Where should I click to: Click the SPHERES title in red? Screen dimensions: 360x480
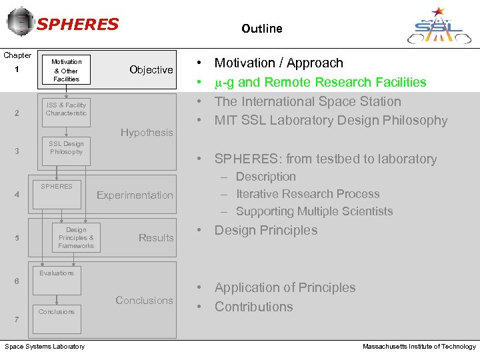click(x=77, y=25)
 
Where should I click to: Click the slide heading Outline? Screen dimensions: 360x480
click(x=261, y=29)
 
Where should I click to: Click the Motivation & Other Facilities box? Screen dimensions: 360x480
click(x=66, y=70)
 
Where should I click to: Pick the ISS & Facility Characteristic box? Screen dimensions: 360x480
click(x=66, y=109)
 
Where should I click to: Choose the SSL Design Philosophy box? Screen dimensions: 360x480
click(x=66, y=148)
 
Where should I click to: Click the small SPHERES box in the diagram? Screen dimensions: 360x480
click(x=57, y=187)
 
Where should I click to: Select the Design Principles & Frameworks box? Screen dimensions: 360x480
click(x=76, y=238)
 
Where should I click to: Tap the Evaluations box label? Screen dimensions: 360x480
click(x=57, y=273)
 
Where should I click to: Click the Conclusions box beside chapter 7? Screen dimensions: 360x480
click(x=57, y=312)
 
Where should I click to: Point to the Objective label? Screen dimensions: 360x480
click(x=151, y=70)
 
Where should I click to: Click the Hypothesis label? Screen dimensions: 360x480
click(x=147, y=133)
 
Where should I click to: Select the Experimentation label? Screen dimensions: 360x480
click(x=135, y=195)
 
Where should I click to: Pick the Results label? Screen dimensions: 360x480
click(x=155, y=238)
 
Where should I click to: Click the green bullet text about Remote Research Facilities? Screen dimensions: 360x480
click(x=320, y=83)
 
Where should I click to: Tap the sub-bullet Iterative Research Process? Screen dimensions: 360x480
click(x=307, y=194)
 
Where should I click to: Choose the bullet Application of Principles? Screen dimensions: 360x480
click(x=285, y=288)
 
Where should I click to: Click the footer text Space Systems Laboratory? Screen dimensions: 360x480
click(x=45, y=347)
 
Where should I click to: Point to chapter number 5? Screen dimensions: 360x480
click(x=17, y=239)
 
